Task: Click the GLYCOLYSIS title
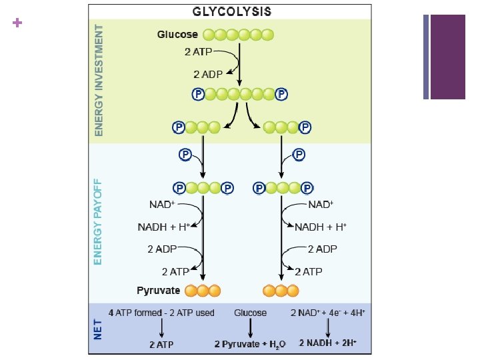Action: [231, 11]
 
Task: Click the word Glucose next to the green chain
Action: [177, 35]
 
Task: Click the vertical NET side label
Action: [98, 328]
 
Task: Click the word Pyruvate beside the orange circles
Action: [159, 291]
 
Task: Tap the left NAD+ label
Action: [162, 204]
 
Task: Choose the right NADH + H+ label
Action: [321, 227]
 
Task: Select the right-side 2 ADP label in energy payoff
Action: [322, 249]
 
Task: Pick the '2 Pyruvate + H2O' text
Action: [250, 344]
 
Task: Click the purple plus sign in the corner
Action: [17, 23]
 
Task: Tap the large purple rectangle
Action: [448, 57]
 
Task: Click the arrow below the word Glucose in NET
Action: [250, 328]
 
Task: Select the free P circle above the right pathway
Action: [298, 155]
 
